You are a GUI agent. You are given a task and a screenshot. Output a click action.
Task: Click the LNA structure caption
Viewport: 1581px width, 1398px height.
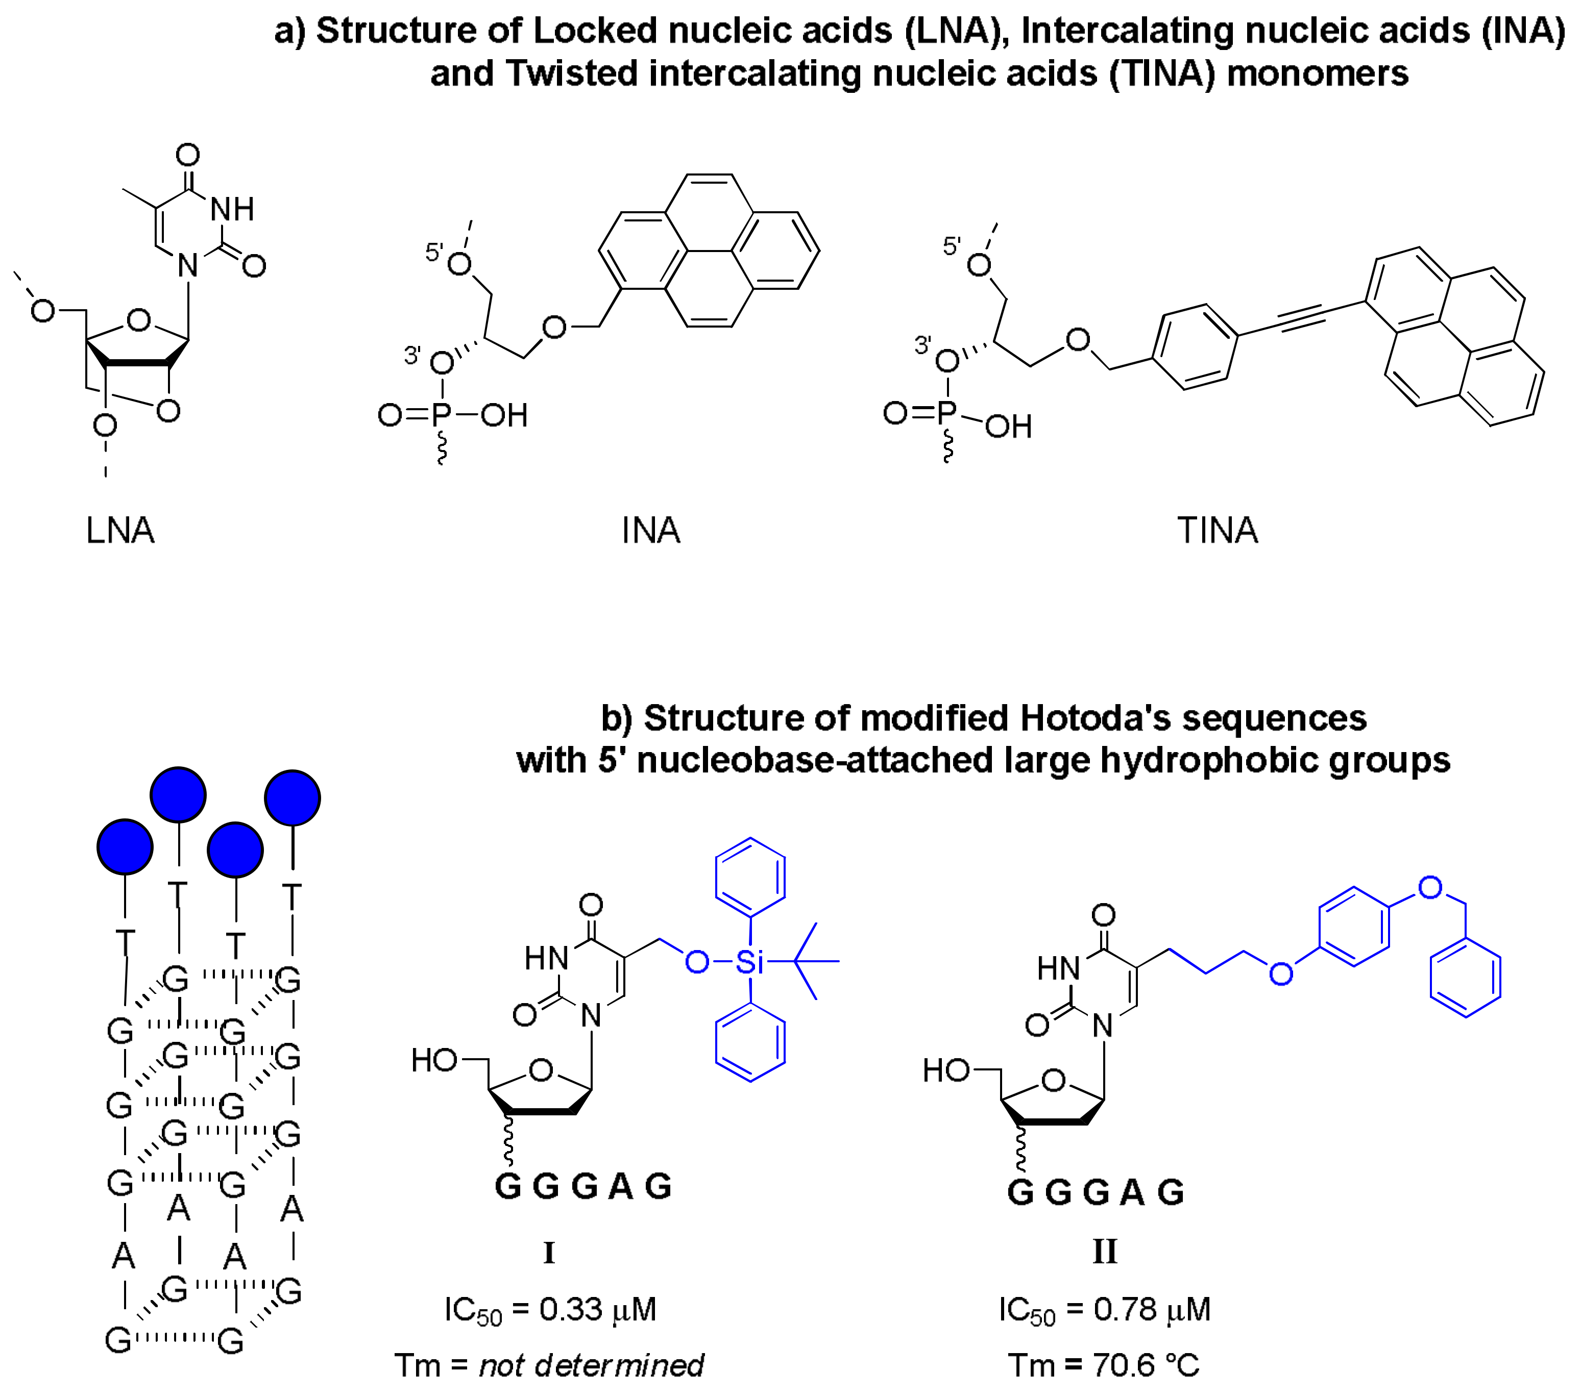click(x=120, y=531)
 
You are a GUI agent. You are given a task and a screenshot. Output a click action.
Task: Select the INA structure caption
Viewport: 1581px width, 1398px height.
click(x=651, y=531)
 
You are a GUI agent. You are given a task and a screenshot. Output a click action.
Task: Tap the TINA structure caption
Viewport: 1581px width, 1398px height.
click(x=1218, y=531)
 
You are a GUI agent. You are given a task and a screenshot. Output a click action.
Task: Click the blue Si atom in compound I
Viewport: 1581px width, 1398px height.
click(x=749, y=962)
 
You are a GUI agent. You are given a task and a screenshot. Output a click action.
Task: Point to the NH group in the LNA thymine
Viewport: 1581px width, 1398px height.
click(x=232, y=209)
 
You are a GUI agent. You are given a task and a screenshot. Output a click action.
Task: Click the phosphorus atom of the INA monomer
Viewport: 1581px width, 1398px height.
click(x=442, y=416)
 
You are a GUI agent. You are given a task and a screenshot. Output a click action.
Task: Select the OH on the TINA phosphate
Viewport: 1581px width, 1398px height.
click(x=1009, y=426)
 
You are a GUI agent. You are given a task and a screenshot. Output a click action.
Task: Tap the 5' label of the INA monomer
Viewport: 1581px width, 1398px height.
click(x=434, y=252)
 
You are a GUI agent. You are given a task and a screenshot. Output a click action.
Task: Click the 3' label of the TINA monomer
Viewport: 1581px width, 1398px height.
click(x=923, y=345)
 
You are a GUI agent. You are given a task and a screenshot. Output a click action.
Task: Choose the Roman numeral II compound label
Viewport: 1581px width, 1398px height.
click(x=1105, y=1251)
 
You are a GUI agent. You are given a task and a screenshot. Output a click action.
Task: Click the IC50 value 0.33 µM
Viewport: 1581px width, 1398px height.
click(x=597, y=1310)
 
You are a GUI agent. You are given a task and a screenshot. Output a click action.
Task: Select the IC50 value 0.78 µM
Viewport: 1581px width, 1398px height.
click(x=1152, y=1310)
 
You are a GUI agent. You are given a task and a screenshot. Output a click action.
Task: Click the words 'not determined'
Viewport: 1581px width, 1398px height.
click(x=592, y=1365)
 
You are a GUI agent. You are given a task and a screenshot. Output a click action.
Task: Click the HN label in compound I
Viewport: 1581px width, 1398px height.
click(x=546, y=959)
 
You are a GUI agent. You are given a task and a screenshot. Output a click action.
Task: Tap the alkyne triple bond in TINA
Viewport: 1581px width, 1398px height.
click(x=1302, y=317)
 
